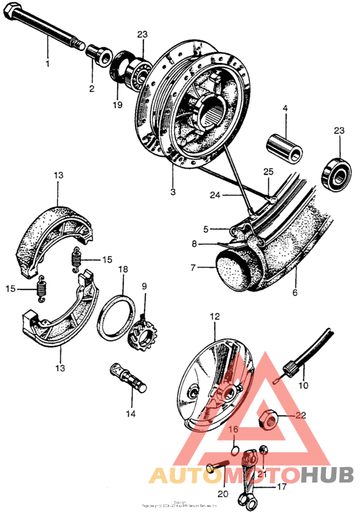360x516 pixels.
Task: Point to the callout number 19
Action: (117, 105)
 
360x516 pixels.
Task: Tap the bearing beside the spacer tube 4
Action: (335, 168)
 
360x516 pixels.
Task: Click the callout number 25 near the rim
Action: (268, 172)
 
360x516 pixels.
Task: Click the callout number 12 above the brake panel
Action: (214, 317)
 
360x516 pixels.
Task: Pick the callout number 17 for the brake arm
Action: (281, 487)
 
